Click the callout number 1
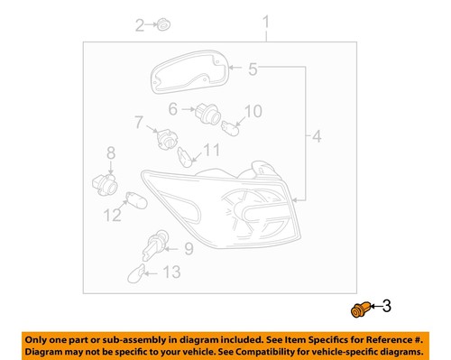[x=266, y=21]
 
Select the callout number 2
[x=140, y=25]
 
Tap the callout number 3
[x=387, y=308]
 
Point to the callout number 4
[x=316, y=137]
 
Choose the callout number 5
[x=253, y=69]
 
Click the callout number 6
[x=172, y=110]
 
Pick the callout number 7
[x=140, y=122]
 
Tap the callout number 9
[x=189, y=248]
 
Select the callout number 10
[x=253, y=111]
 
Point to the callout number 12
[x=112, y=216]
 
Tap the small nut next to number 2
[x=162, y=24]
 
